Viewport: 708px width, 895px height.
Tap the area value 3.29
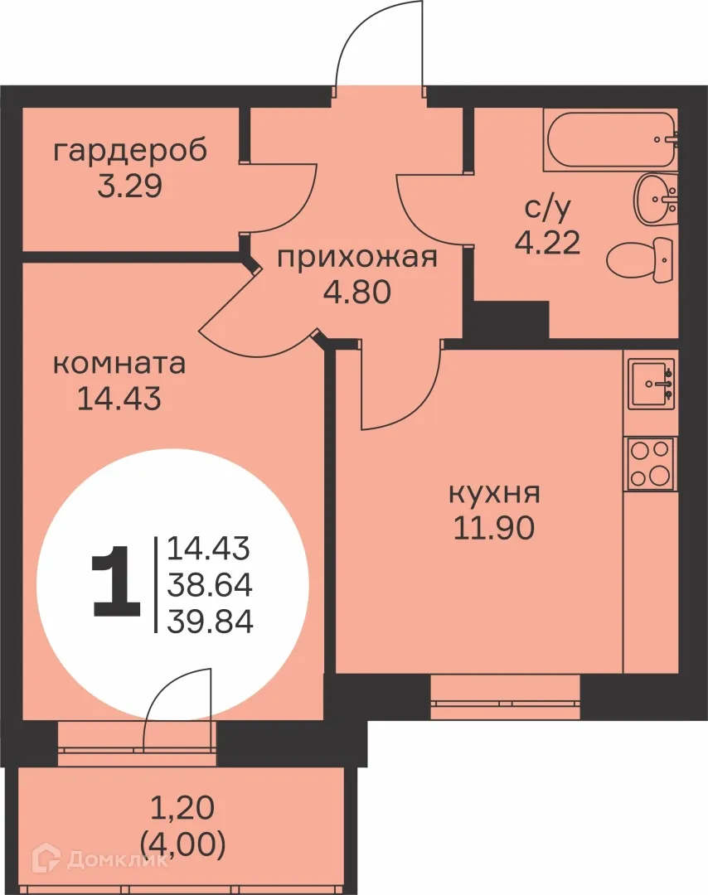point(129,186)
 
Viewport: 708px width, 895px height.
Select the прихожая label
point(356,259)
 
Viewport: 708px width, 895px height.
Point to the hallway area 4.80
point(356,293)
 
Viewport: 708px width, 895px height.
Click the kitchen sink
point(652,384)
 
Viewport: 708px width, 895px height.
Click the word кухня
point(494,494)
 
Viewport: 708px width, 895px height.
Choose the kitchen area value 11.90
point(494,527)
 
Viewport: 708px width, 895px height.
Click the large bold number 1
point(116,582)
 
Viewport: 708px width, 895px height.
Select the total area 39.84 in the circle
point(210,620)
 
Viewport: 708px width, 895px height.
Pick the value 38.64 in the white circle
point(210,584)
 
